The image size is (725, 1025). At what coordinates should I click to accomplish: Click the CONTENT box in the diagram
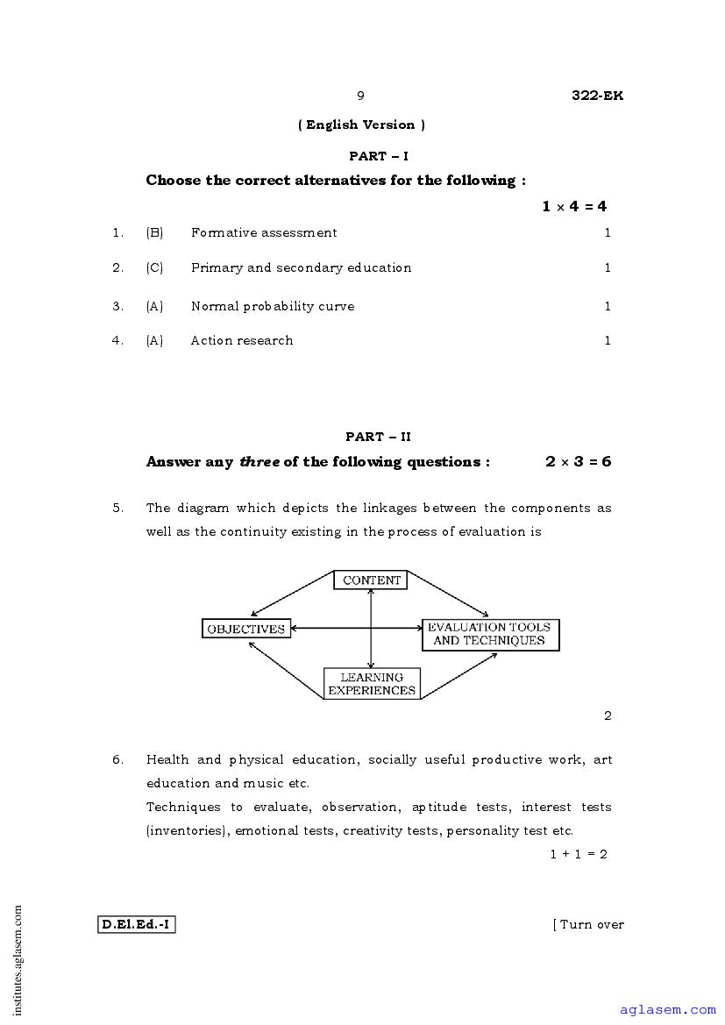371,580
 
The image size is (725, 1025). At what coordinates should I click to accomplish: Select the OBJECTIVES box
246,629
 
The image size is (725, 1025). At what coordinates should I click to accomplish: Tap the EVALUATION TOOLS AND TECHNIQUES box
489,634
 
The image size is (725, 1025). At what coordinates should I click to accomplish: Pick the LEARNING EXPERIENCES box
372,684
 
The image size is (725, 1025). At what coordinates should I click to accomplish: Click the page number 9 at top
360,96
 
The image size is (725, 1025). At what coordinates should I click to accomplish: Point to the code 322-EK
597,96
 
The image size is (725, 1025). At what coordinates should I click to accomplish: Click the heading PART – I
379,156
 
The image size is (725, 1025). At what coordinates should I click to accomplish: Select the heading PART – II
378,437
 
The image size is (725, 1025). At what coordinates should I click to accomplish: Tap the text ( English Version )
362,125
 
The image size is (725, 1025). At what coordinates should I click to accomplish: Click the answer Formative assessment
264,232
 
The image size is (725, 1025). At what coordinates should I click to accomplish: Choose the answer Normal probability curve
273,306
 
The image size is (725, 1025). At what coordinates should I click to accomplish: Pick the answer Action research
242,340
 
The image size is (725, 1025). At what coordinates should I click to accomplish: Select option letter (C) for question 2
154,267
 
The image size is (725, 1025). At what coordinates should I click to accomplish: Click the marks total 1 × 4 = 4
574,207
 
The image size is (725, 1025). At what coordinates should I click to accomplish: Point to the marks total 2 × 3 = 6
578,461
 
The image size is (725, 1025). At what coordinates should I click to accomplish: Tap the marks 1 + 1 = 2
579,853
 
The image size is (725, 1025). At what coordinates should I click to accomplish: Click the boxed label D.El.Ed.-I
136,924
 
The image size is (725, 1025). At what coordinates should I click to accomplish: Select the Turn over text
589,924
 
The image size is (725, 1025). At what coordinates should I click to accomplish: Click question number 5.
117,508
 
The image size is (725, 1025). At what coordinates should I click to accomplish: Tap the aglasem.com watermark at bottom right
667,1010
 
